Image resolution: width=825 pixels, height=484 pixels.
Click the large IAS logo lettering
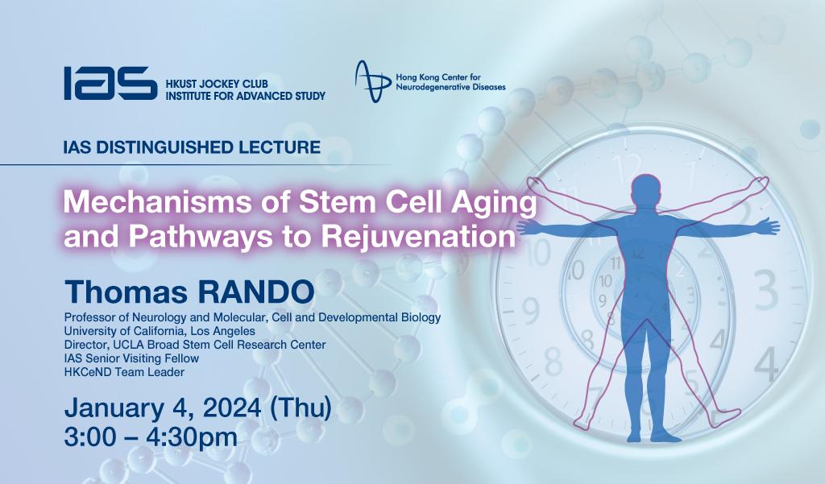pyautogui.click(x=110, y=83)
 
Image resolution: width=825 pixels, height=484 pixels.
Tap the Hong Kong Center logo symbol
pyautogui.click(x=373, y=81)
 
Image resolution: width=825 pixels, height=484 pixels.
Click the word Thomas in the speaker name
pyautogui.click(x=126, y=292)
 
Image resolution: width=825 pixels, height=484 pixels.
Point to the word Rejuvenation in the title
pyautogui.click(x=418, y=236)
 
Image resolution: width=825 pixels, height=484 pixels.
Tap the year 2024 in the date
pyautogui.click(x=232, y=408)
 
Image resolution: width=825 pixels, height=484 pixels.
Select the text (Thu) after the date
pyautogui.click(x=301, y=408)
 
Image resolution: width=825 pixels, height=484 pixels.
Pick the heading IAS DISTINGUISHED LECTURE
pyautogui.click(x=192, y=147)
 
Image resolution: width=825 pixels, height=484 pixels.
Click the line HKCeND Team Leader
pyautogui.click(x=124, y=373)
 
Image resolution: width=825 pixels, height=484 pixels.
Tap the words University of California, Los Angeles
pyautogui.click(x=160, y=332)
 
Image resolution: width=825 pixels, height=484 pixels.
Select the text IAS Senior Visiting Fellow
pyautogui.click(x=131, y=359)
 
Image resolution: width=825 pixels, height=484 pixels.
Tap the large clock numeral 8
pyautogui.click(x=553, y=361)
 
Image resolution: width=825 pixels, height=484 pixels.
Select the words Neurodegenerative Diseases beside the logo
pyautogui.click(x=450, y=87)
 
